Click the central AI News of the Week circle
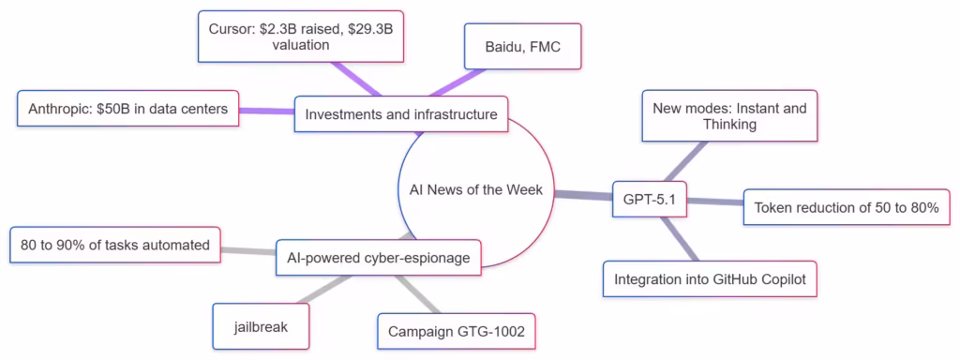pyautogui.click(x=475, y=190)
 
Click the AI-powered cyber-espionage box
pyautogui.click(x=380, y=257)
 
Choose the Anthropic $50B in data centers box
pyautogui.click(x=128, y=110)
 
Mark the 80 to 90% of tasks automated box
pyautogui.click(x=115, y=246)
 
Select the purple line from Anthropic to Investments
pyautogui.click(x=266, y=112)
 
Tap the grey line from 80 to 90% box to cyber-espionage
pyautogui.click(x=247, y=251)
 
